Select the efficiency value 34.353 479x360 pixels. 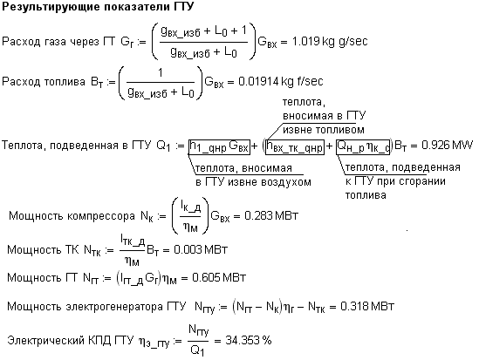pos(243,340)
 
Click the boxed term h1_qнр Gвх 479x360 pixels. pos(219,147)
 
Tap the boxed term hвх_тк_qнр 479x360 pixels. pos(295,147)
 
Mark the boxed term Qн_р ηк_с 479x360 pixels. pos(363,147)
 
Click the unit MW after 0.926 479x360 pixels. pos(462,146)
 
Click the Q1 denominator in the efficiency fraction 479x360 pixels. pos(197,350)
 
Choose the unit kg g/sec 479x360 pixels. pos(345,42)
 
